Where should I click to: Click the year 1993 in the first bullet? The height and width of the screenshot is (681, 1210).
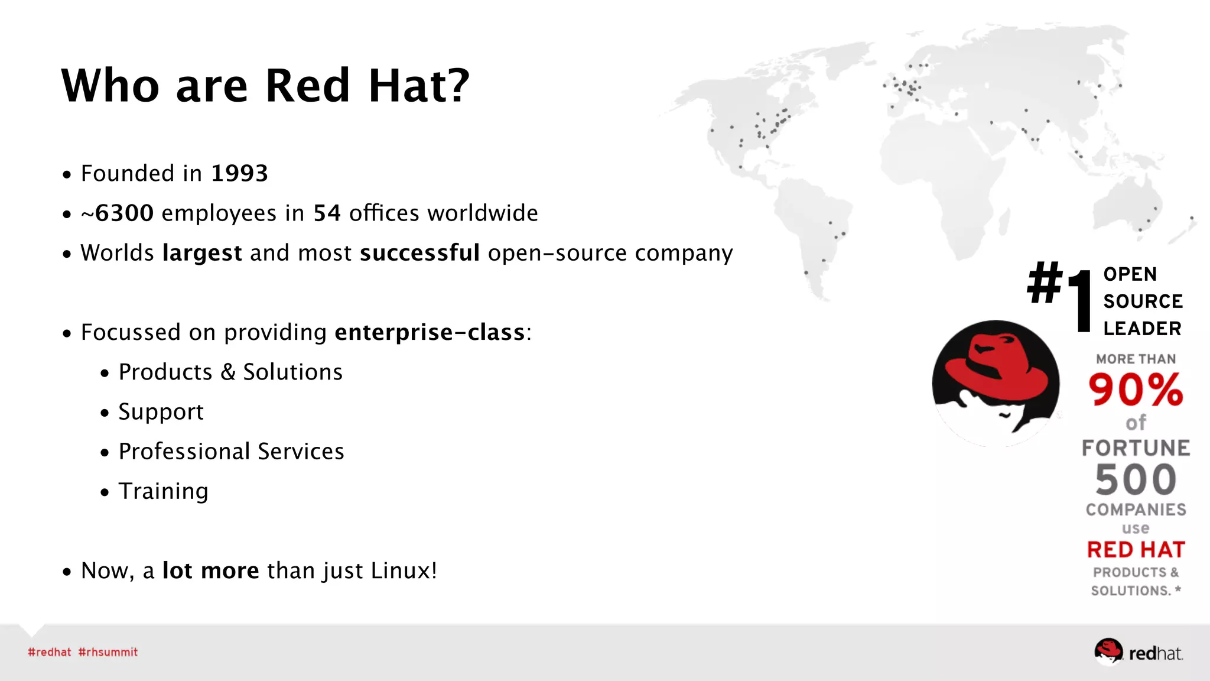tap(239, 173)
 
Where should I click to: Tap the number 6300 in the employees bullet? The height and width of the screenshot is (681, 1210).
tap(124, 213)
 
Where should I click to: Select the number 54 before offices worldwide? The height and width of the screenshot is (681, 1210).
tap(327, 213)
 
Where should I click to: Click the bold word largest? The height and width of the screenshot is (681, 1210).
tap(202, 253)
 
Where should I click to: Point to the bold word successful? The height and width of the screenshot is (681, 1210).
tap(419, 253)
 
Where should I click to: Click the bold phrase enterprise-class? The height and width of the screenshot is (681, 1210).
tap(430, 332)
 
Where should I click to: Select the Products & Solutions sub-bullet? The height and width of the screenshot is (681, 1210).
tap(230, 372)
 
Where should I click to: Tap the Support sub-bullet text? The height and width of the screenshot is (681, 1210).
tap(161, 412)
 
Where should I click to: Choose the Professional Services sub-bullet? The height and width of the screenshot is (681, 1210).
tap(231, 452)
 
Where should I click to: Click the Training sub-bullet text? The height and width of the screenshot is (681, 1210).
tap(163, 491)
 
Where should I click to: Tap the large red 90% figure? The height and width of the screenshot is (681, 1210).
tap(1136, 390)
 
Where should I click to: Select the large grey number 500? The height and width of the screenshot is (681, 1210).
tap(1136, 480)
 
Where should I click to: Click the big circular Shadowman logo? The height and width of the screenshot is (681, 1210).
tap(996, 383)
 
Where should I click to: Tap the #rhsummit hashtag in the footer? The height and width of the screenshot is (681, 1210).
tap(108, 652)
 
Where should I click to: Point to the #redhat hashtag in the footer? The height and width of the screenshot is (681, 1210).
tap(49, 652)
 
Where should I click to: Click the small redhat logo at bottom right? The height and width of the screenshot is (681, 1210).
tap(1138, 652)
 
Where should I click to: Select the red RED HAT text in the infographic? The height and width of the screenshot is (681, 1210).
tap(1136, 550)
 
